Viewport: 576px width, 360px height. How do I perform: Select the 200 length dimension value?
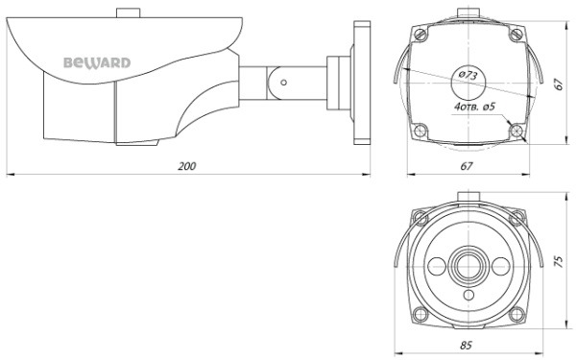coord(187,166)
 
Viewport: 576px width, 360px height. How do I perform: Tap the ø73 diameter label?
coord(468,75)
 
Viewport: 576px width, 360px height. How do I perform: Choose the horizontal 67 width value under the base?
coord(467,166)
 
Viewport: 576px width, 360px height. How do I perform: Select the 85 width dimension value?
coord(467,342)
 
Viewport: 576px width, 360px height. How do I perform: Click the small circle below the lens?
coord(468,296)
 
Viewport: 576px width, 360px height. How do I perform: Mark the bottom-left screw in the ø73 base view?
coord(420,130)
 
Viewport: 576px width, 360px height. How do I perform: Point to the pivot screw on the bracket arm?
coord(285,82)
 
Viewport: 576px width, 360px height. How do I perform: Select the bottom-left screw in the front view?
coord(420,310)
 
